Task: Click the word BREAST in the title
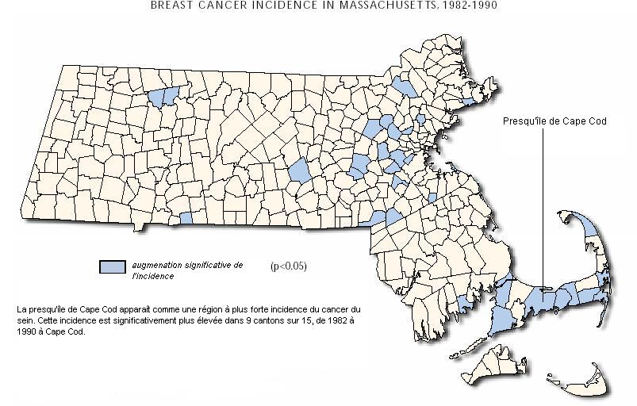172,4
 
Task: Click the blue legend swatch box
113,266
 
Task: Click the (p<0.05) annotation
288,266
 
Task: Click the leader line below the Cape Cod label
543,206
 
